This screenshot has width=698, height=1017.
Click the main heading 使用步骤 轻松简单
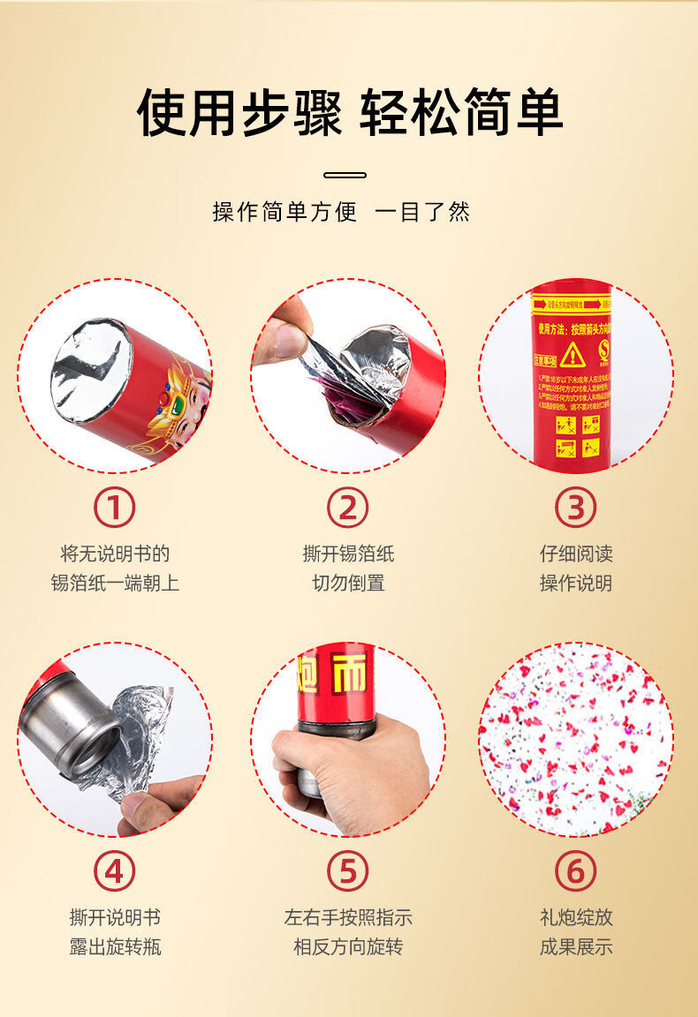coord(349,112)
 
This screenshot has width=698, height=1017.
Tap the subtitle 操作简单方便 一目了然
coord(341,212)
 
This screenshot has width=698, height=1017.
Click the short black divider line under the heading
coord(345,175)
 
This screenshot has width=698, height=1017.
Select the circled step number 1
coord(115,508)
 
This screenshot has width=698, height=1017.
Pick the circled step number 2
coord(347,508)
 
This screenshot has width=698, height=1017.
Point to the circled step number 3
coord(575,508)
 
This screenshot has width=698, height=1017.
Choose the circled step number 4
coord(115,872)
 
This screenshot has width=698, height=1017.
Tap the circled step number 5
coord(347,872)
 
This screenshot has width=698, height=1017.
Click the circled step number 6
coord(575,872)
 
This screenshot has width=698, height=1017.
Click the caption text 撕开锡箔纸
coord(348,554)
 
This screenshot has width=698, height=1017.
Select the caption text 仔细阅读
coord(576,554)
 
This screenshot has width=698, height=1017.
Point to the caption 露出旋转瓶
coord(115,947)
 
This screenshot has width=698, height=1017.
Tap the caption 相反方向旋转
coord(348,947)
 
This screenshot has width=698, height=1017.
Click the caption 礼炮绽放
coord(576,918)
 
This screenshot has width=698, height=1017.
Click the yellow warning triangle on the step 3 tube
coord(573,354)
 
